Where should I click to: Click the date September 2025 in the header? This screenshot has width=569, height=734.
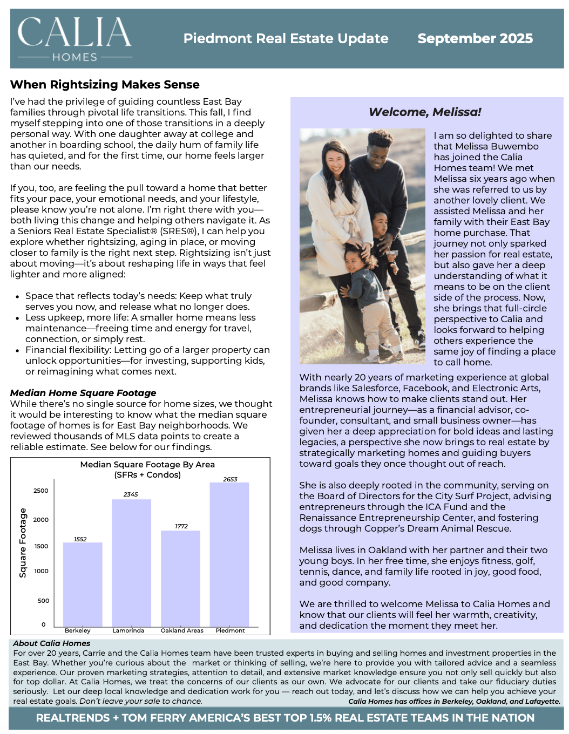tap(475, 39)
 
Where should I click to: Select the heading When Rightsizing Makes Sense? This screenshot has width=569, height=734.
tap(105, 85)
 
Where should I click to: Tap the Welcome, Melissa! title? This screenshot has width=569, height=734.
tap(425, 112)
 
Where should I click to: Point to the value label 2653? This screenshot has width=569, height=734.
tap(230, 479)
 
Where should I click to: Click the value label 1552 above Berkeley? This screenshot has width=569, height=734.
tap(80, 539)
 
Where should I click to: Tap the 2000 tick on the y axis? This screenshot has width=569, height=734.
tap(41, 520)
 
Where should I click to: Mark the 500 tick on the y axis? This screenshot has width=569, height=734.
tap(43, 601)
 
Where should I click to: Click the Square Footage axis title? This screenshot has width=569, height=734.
tap(23, 543)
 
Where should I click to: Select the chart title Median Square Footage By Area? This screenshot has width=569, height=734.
tap(147, 465)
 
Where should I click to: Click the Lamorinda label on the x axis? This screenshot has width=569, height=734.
tap(128, 630)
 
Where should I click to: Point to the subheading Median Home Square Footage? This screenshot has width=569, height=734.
tap(83, 393)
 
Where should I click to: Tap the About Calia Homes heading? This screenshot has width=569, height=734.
tap(52, 643)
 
